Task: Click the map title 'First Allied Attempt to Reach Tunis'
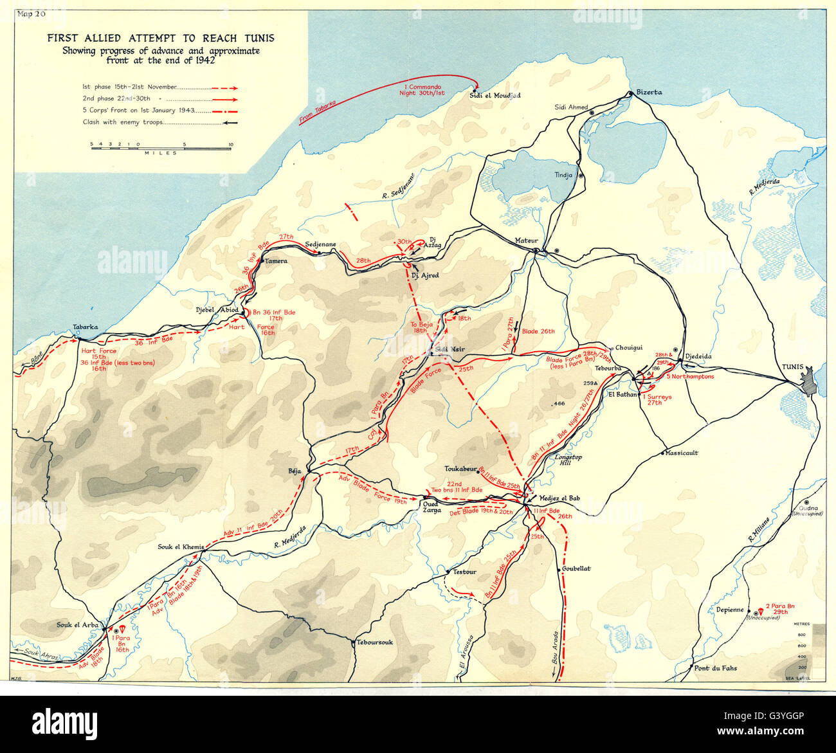point(160,38)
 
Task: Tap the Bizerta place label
point(649,92)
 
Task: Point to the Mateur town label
point(525,240)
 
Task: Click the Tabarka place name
point(86,327)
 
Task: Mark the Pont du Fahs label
point(716,668)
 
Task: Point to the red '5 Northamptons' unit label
point(690,377)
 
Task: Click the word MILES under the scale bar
point(160,153)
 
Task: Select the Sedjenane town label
point(320,245)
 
